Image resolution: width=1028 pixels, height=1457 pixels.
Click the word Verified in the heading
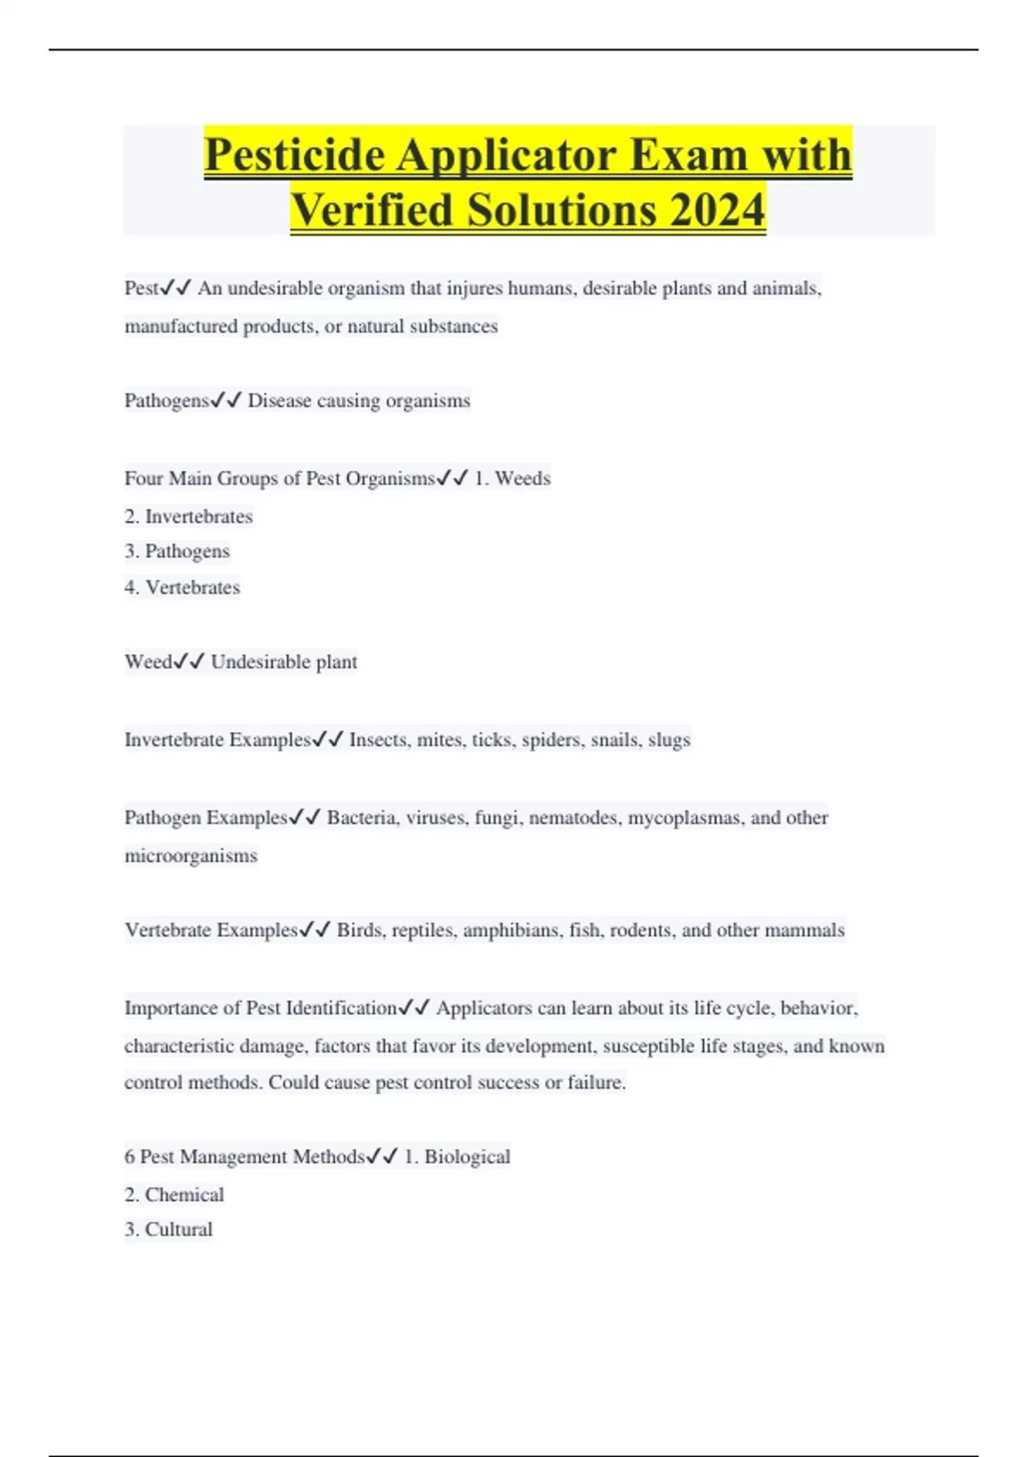coord(371,210)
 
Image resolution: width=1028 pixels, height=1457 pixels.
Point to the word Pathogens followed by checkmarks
coord(166,401)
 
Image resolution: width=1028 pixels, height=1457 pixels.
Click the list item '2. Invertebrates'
coord(188,517)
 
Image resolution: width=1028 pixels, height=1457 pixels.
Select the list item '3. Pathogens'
coord(177,551)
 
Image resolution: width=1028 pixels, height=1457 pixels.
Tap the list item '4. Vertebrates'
coord(182,588)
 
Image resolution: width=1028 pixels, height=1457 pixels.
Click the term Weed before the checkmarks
coord(148,662)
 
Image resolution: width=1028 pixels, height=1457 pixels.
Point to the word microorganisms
coord(191,855)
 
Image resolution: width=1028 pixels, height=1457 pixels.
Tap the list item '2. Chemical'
coord(175,1195)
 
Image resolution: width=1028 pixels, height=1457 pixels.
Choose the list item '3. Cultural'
coord(169,1230)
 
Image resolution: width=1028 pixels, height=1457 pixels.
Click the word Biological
coord(467,1157)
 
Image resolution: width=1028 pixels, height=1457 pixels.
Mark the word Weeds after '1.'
coord(523,478)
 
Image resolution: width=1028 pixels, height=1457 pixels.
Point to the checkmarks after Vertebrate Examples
coord(314,930)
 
